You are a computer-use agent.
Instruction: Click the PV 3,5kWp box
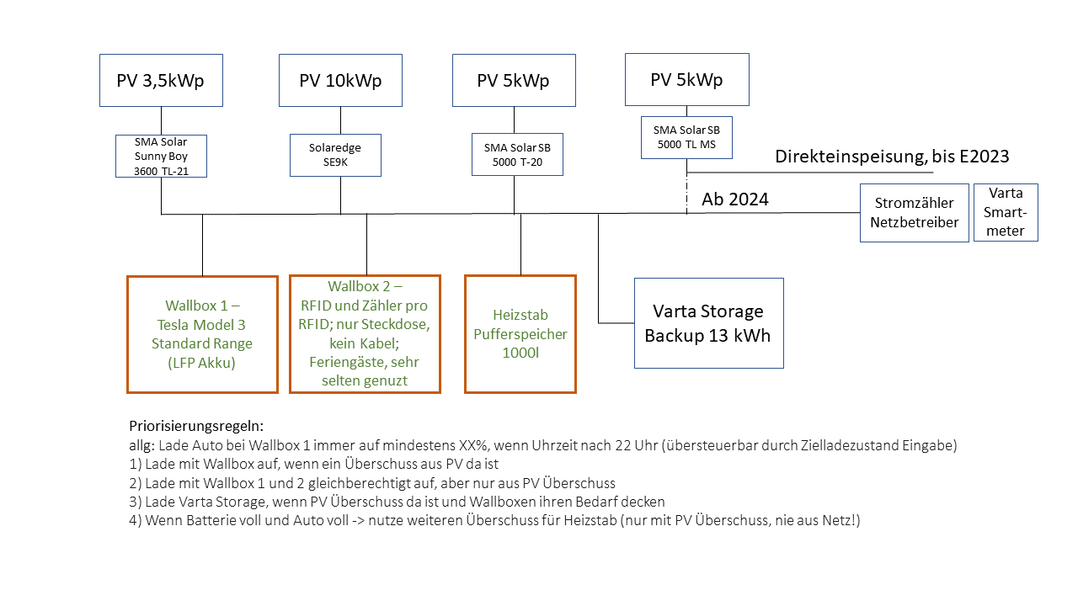pyautogui.click(x=161, y=81)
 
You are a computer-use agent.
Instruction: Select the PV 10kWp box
pyautogui.click(x=340, y=81)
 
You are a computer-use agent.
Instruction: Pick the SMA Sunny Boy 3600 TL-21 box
pyautogui.click(x=161, y=156)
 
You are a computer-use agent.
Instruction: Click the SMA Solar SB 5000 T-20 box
pyautogui.click(x=514, y=153)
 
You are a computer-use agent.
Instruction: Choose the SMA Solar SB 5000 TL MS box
pyautogui.click(x=686, y=137)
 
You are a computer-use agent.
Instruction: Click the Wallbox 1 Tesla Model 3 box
pyautogui.click(x=202, y=334)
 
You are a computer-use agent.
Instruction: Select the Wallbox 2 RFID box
pyautogui.click(x=365, y=334)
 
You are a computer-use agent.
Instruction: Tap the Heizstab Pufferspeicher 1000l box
pyautogui.click(x=520, y=334)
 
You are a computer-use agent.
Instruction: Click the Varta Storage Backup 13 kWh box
pyautogui.click(x=708, y=323)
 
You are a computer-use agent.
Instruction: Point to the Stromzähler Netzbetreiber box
pyautogui.click(x=914, y=214)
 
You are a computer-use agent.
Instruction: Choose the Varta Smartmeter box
pyautogui.click(x=1006, y=213)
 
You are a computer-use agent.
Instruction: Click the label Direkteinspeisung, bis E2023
pyautogui.click(x=892, y=156)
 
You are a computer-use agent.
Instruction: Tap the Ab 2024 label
pyautogui.click(x=734, y=200)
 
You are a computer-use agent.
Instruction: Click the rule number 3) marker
pyautogui.click(x=135, y=502)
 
